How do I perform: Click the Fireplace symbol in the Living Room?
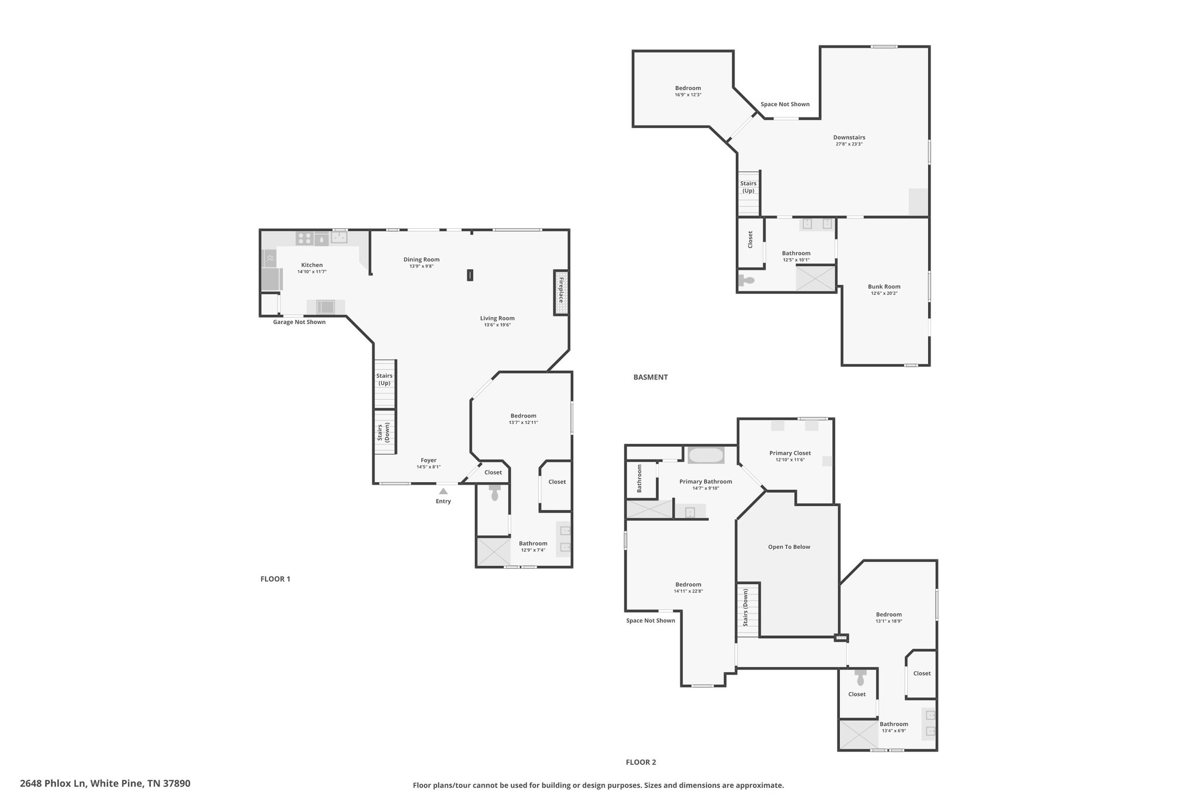tap(561, 293)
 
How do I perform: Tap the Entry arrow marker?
tap(444, 491)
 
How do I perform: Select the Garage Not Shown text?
tap(299, 322)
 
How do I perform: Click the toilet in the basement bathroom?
tap(746, 280)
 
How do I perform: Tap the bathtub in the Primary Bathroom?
tap(706, 455)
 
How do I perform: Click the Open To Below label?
tap(789, 547)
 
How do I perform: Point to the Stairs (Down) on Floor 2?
tap(748, 609)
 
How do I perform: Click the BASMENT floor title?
tap(651, 377)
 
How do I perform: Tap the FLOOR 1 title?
tap(275, 579)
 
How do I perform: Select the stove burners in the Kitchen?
tap(305, 238)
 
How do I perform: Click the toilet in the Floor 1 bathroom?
tap(495, 492)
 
